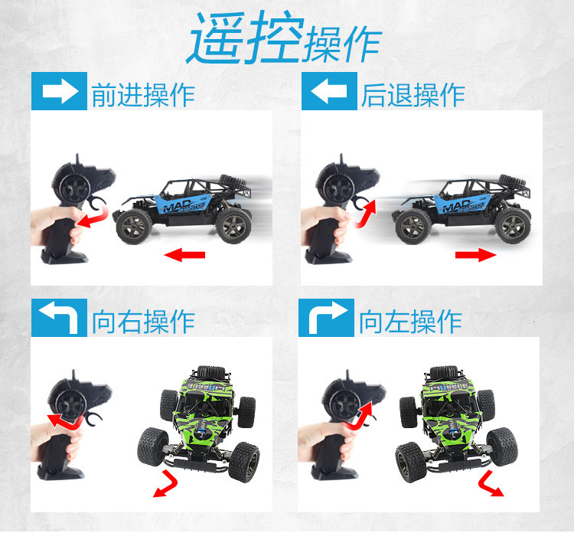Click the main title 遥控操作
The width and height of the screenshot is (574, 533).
[x=285, y=38]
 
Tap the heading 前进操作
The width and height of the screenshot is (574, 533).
[x=143, y=95]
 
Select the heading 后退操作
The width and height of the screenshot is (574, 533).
[x=413, y=95]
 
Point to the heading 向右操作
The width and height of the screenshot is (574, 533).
[x=143, y=322]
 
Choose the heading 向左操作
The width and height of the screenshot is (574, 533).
[x=410, y=322]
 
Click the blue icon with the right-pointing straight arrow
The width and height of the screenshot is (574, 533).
[x=59, y=91]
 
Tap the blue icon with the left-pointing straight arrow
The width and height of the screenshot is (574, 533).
[x=329, y=91]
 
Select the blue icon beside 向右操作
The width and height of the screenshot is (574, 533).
[x=59, y=318]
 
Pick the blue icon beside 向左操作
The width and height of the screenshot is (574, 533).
[x=326, y=318]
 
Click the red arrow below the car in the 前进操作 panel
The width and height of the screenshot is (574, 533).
[x=184, y=254]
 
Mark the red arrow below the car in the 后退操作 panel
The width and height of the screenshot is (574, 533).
[x=475, y=254]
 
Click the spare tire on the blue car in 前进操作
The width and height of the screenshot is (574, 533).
[x=233, y=180]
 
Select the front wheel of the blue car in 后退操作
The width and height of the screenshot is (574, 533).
[x=413, y=227]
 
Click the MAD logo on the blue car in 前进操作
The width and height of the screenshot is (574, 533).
[x=178, y=206]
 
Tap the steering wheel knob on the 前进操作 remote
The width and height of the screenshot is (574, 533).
[x=75, y=186]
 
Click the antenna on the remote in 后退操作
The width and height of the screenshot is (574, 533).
[x=341, y=160]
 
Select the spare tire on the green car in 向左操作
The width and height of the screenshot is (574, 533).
[x=445, y=373]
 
